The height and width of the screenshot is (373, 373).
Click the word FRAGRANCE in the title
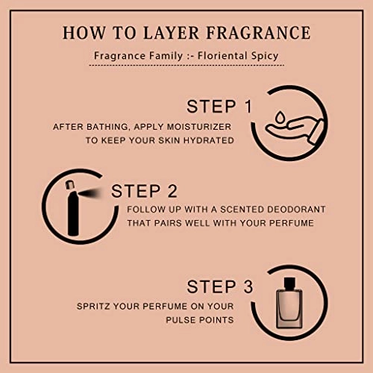[x=258, y=33]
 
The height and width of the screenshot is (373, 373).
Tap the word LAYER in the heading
[x=171, y=33]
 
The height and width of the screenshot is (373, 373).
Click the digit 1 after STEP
[x=248, y=107]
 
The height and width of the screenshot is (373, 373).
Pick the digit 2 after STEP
[x=172, y=191]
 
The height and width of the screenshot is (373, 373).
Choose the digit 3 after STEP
[x=248, y=286]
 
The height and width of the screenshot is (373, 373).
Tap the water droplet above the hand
[x=280, y=116]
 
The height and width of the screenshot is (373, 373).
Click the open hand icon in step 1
[x=295, y=130]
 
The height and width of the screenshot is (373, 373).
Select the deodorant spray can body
[x=73, y=213]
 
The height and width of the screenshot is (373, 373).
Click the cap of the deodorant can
[x=70, y=184]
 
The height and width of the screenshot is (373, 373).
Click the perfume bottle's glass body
[x=289, y=309]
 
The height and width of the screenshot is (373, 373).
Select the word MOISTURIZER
[x=199, y=127]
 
